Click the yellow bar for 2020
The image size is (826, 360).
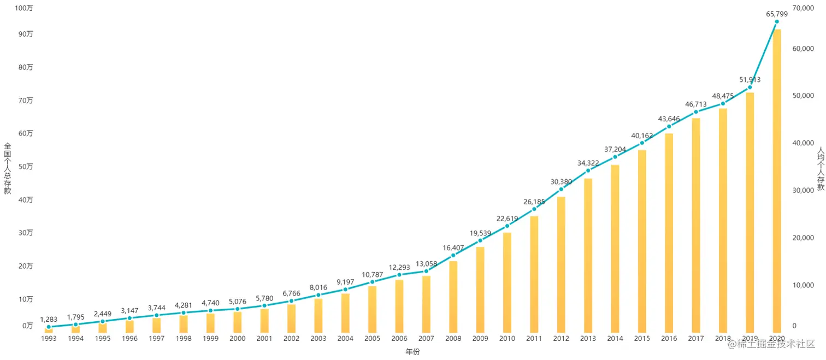click(x=776, y=180)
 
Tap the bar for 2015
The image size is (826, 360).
click(x=642, y=241)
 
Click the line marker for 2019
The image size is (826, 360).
click(x=750, y=87)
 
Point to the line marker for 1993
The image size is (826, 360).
click(x=49, y=327)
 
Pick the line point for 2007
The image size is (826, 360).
click(x=426, y=271)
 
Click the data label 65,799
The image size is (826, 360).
click(x=776, y=14)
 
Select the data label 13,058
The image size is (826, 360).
click(x=426, y=263)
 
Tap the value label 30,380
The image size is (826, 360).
click(x=561, y=182)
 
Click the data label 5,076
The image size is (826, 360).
click(x=237, y=301)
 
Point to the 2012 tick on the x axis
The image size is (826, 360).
click(x=561, y=339)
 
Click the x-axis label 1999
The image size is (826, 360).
click(x=210, y=339)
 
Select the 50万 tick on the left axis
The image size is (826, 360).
click(x=26, y=167)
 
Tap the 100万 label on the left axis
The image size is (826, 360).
click(x=23, y=8)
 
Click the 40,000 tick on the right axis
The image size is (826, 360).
click(x=805, y=143)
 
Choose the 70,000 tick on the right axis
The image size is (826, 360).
click(x=805, y=8)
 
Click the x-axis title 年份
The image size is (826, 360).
click(x=412, y=352)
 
